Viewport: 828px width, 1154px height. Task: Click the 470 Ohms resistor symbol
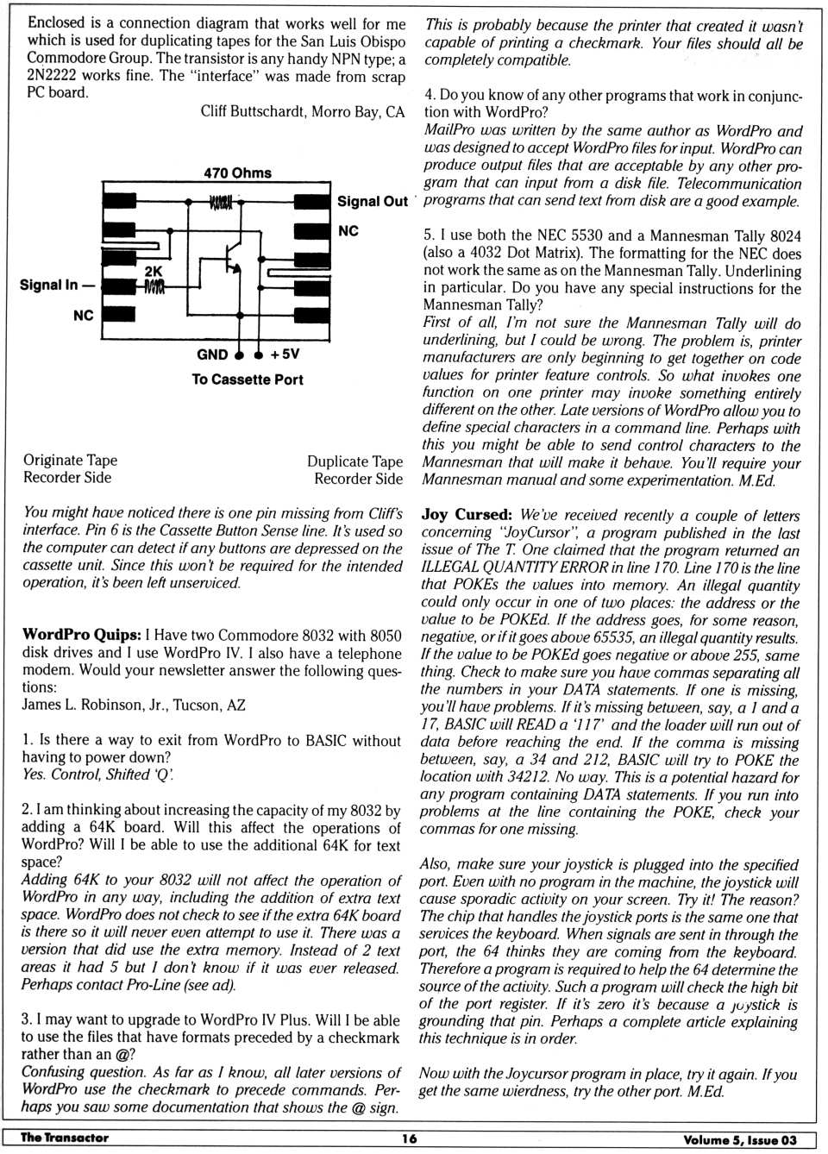pyautogui.click(x=221, y=203)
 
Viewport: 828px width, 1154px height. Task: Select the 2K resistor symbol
pyautogui.click(x=154, y=286)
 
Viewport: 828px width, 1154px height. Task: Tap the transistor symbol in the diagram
pyautogui.click(x=232, y=259)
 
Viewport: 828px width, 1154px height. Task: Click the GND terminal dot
pyautogui.click(x=239, y=355)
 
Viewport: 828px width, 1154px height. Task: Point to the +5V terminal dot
pyautogui.click(x=259, y=355)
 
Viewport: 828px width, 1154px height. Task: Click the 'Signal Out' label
pyautogui.click(x=372, y=202)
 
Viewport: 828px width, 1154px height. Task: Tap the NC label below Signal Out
pyautogui.click(x=348, y=231)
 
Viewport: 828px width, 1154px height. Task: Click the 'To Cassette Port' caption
pyautogui.click(x=248, y=379)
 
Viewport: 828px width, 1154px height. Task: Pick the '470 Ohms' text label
pyautogui.click(x=237, y=172)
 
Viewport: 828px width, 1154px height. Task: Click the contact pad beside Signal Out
pyautogui.click(x=311, y=203)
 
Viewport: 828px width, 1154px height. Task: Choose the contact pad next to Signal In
pyautogui.click(x=119, y=285)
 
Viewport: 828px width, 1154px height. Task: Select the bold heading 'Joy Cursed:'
pyautogui.click(x=467, y=515)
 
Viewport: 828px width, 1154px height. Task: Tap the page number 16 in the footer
pyautogui.click(x=409, y=1138)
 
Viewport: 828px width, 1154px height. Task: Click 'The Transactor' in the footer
pyautogui.click(x=65, y=1138)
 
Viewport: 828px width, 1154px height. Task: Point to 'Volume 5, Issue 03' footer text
pyautogui.click(x=740, y=1139)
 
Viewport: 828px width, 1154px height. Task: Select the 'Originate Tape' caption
pyautogui.click(x=70, y=461)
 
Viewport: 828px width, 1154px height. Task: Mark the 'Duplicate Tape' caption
pyautogui.click(x=354, y=461)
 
